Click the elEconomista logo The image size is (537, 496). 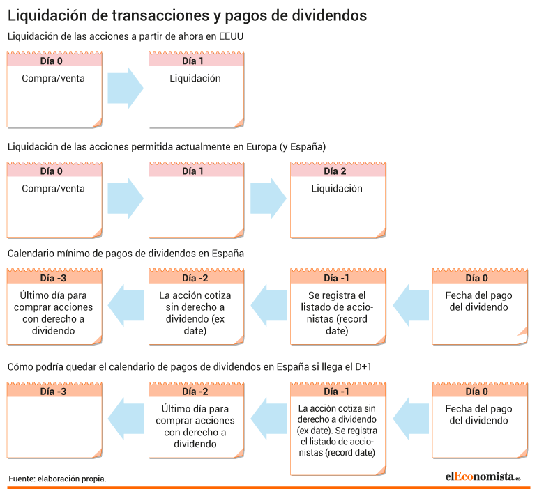pyautogui.click(x=483, y=476)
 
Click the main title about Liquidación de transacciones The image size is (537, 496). pyautogui.click(x=187, y=16)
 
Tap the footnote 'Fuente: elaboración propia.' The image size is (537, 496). pyautogui.click(x=57, y=479)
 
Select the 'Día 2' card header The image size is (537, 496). pyautogui.click(x=338, y=171)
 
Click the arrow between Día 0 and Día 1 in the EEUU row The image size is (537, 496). pyautogui.click(x=126, y=88)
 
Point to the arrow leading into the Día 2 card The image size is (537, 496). pyautogui.click(x=268, y=199)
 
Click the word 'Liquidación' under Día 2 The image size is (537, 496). pyautogui.click(x=337, y=189)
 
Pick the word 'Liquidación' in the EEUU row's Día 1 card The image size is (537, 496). pyautogui.click(x=195, y=78)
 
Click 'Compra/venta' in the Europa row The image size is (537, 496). pyautogui.click(x=53, y=189)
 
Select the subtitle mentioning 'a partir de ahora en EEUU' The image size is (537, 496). pyautogui.click(x=126, y=36)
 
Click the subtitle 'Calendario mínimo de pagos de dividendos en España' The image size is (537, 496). pyautogui.click(x=126, y=254)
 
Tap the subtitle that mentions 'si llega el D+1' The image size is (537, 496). pyautogui.click(x=190, y=367)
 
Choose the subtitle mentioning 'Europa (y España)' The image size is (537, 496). pyautogui.click(x=167, y=147)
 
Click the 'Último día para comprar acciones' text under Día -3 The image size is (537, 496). pyautogui.click(x=53, y=313)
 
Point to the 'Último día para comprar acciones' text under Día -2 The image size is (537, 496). pyautogui.click(x=195, y=426)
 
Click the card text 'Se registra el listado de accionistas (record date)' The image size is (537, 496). pyautogui.click(x=337, y=313)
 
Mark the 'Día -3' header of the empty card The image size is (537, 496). pyautogui.click(x=54, y=392)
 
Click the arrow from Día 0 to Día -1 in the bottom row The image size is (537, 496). pyautogui.click(x=411, y=419)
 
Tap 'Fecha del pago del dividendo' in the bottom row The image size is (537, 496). pyautogui.click(x=479, y=414)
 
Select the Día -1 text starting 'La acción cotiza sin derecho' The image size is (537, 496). pyautogui.click(x=337, y=431)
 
